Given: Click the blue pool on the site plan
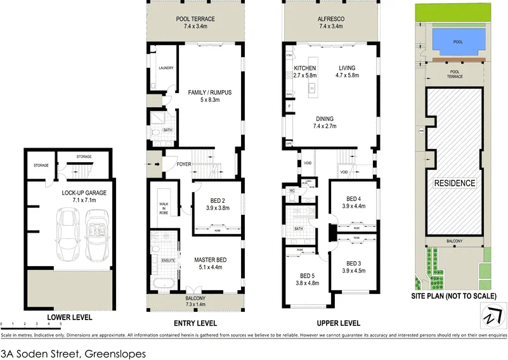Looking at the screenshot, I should pos(458,42).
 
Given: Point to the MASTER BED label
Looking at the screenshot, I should pos(210,260).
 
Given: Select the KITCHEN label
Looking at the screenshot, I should pos(305,68).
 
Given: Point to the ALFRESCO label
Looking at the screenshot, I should pos(330,20).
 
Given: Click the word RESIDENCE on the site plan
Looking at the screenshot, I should pos(454,183).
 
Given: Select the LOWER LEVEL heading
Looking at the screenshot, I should pos(69,317).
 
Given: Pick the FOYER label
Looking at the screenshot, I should pos(184,165).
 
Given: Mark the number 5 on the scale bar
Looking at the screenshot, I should pos(61,325).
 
